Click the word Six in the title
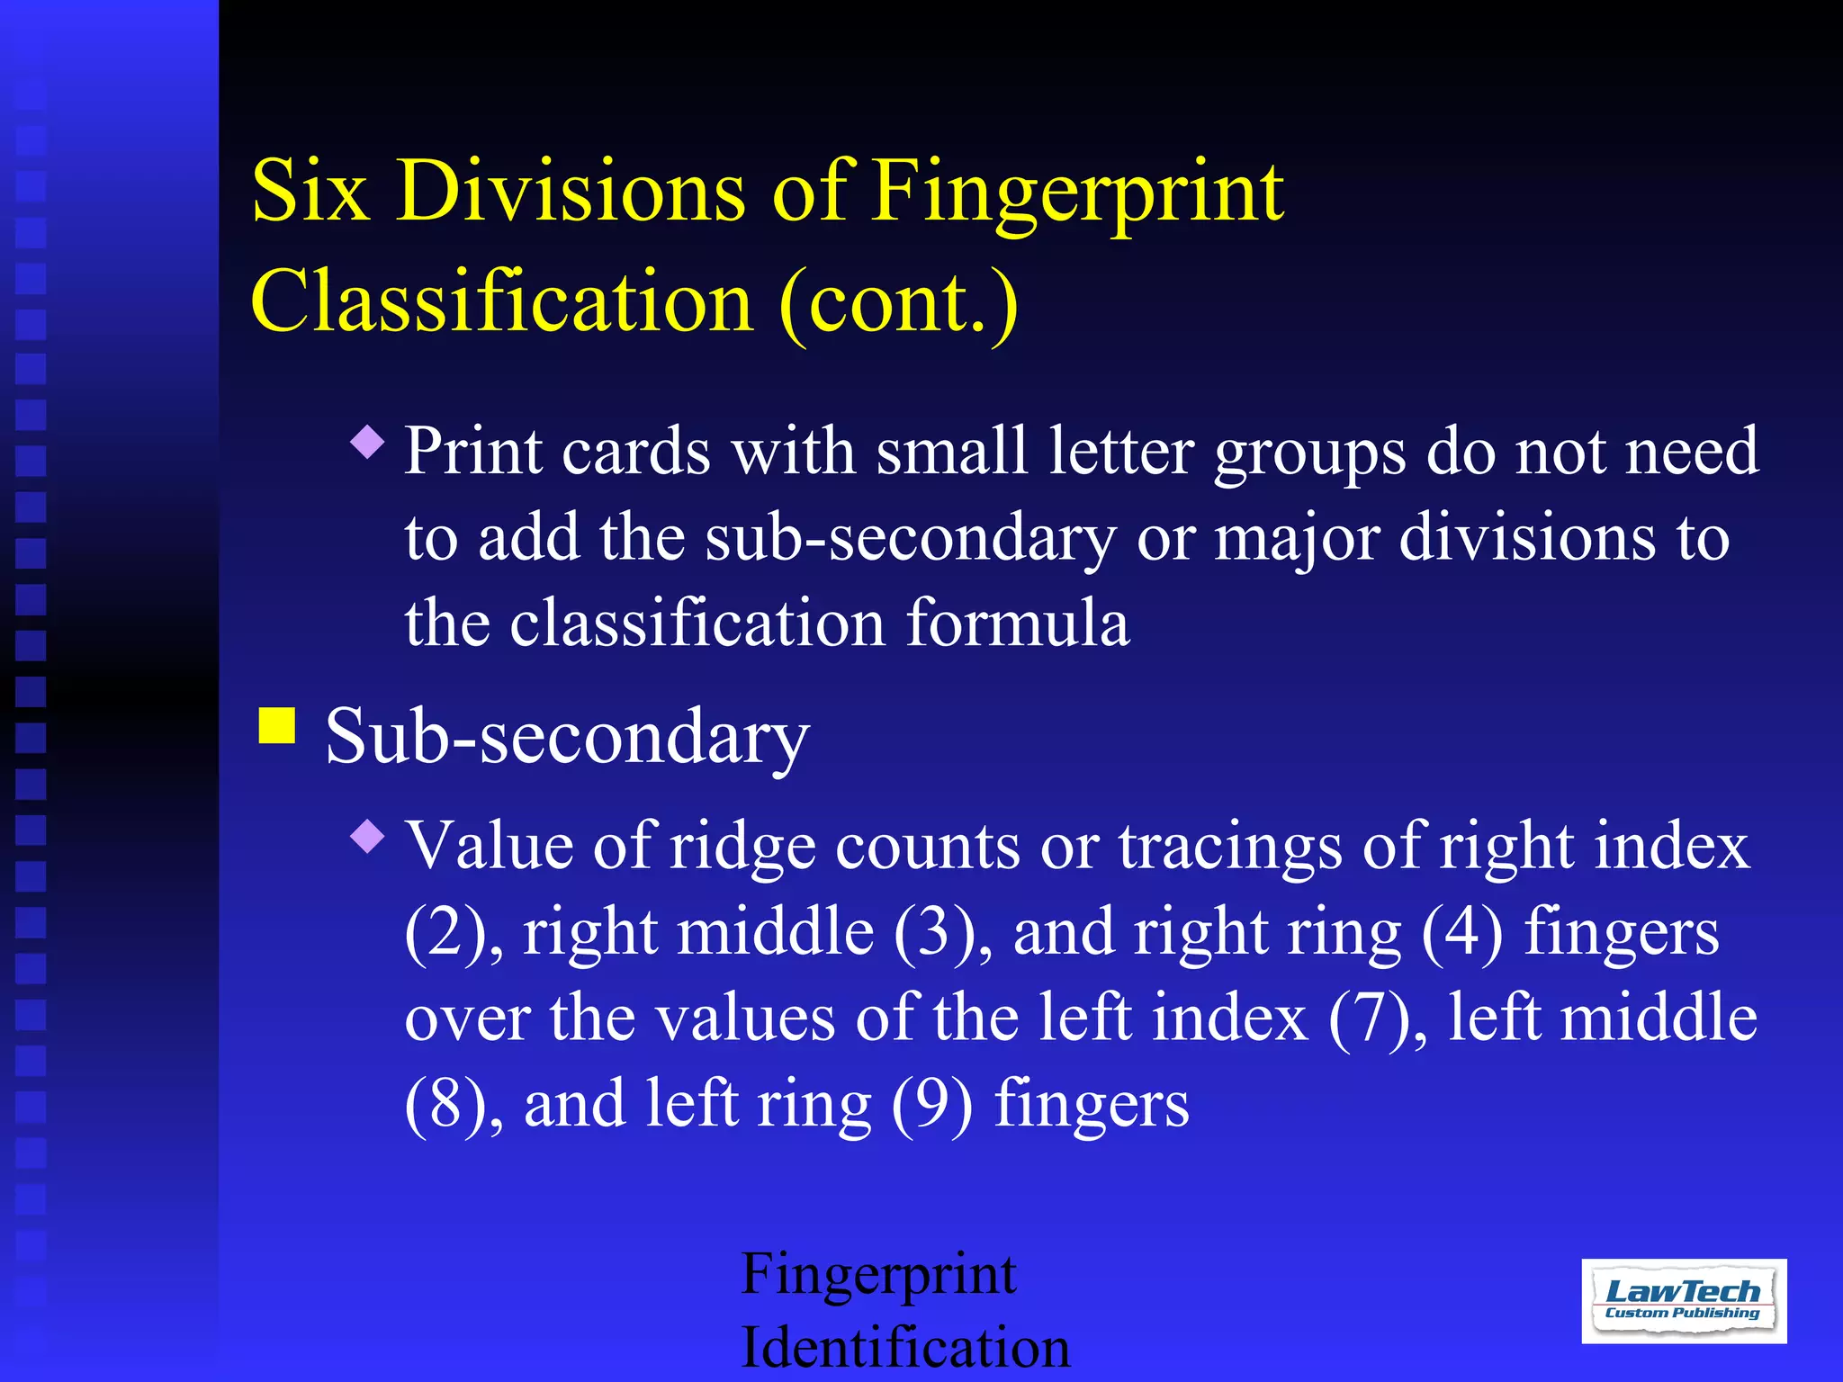click(x=310, y=191)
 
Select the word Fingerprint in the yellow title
click(x=1077, y=193)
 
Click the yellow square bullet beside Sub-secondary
click(x=277, y=725)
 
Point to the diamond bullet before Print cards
click(x=368, y=442)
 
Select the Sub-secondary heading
click(x=567, y=737)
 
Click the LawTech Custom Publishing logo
click(x=1683, y=1301)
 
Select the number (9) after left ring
click(x=932, y=1104)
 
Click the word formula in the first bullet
click(x=1017, y=623)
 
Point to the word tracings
click(x=1229, y=848)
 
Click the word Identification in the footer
click(x=905, y=1348)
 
